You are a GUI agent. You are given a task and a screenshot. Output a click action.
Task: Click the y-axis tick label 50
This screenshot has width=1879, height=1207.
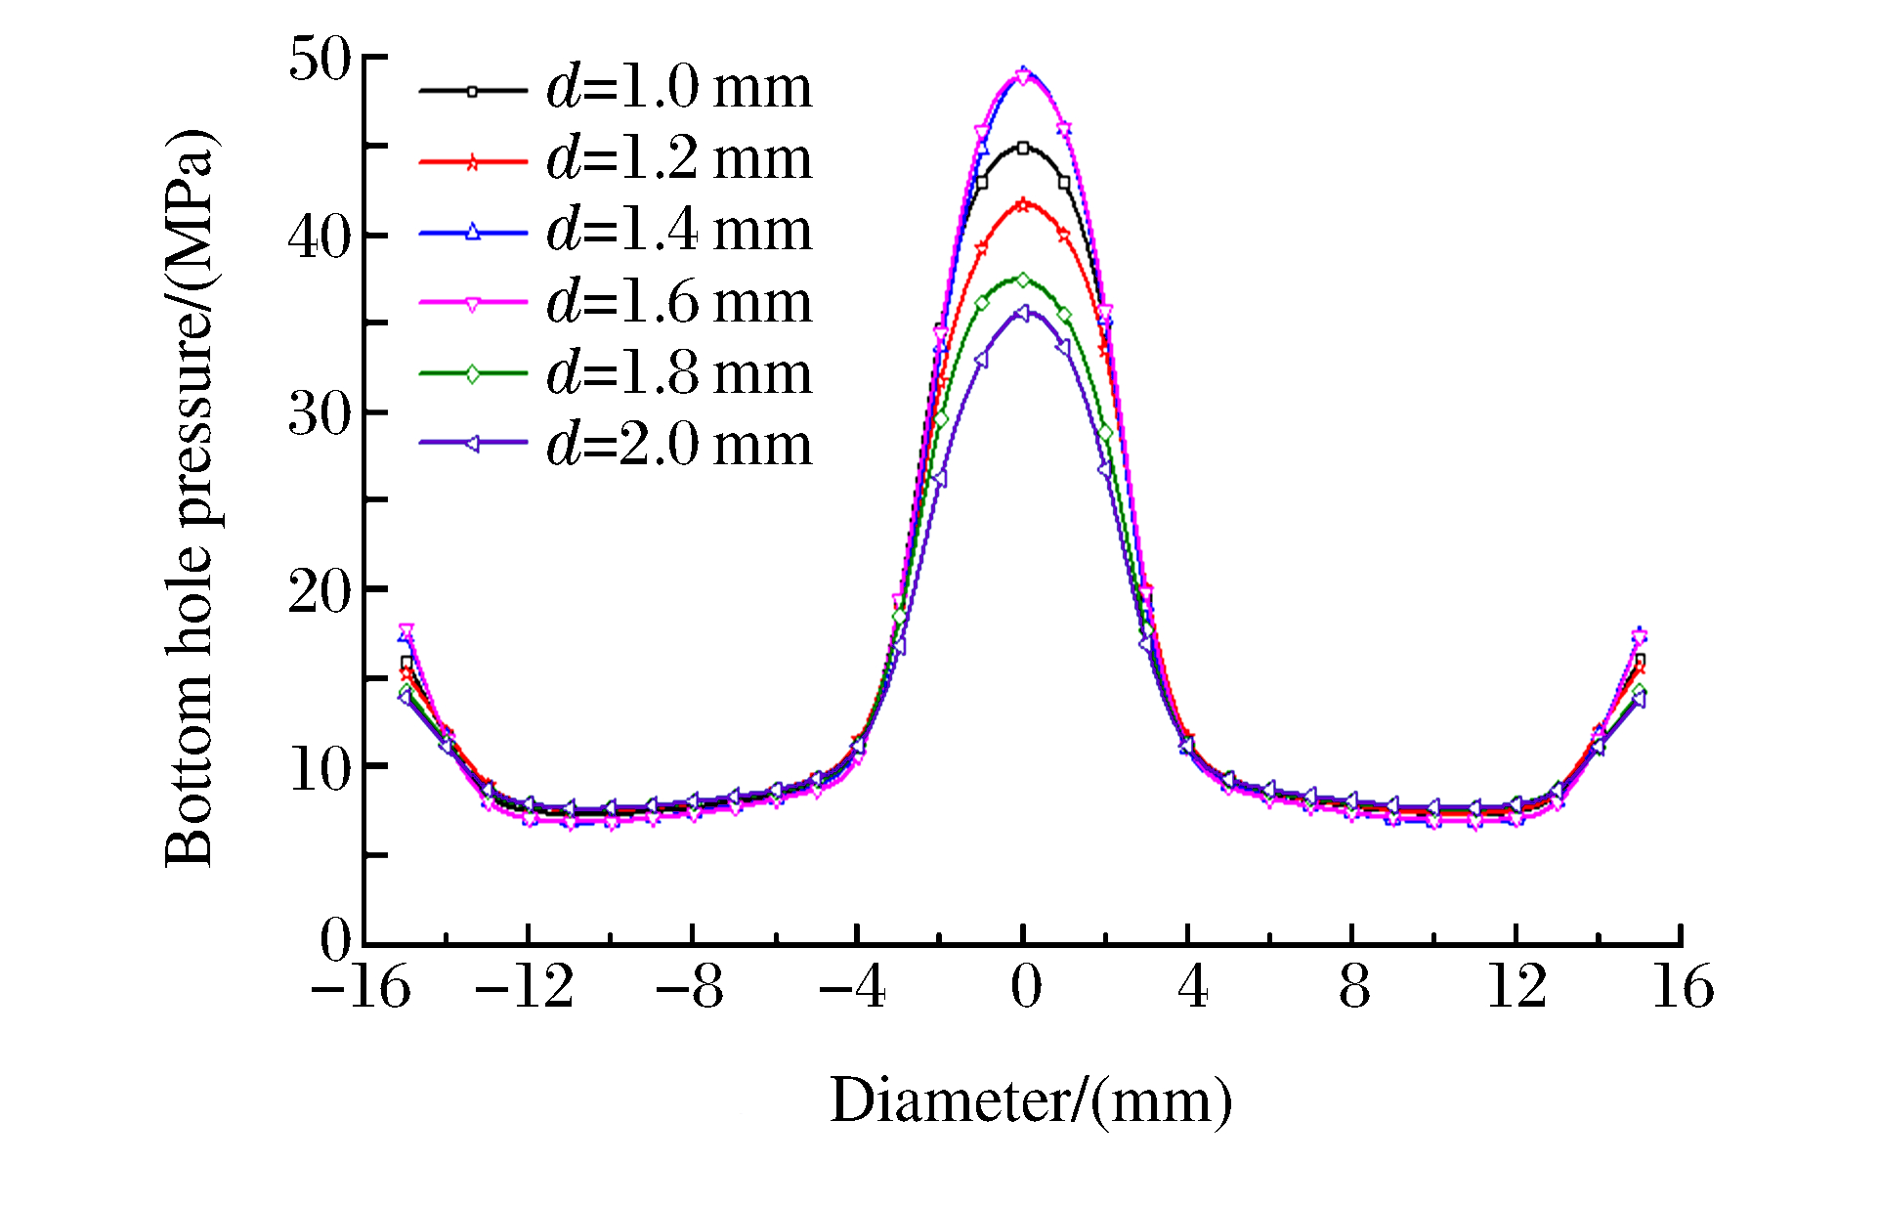tap(320, 60)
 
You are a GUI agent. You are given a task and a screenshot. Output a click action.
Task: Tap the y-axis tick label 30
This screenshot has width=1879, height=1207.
tap(320, 414)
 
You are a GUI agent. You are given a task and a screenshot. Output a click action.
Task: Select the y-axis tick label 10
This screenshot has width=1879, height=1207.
tap(320, 769)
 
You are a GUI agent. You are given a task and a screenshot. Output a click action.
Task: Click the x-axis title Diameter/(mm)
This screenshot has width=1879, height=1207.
tap(1031, 1101)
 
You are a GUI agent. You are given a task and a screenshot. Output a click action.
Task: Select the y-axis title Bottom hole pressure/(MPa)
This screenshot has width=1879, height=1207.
tap(190, 498)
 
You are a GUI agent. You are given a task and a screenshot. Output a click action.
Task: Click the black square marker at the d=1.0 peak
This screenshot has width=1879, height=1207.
tap(1023, 148)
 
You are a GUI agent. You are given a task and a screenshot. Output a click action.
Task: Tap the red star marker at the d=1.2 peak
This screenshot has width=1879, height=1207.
tap(1023, 204)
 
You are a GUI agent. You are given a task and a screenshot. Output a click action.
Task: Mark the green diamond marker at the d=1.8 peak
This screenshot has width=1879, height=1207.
tap(1023, 280)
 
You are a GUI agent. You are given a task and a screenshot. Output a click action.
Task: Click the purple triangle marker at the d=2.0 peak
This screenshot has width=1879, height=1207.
tap(1023, 313)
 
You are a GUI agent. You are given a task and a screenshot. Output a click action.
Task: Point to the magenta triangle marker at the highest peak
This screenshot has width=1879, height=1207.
tap(1023, 77)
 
